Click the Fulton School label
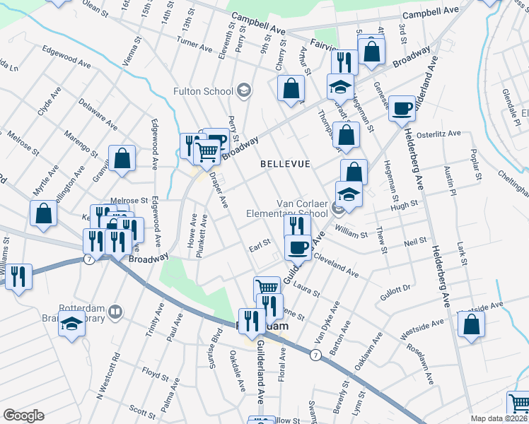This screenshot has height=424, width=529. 203,91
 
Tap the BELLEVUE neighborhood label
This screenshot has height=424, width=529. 285,164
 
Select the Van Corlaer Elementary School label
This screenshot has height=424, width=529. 287,208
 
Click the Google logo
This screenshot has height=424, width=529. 23,416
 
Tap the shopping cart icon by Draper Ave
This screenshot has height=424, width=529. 206,150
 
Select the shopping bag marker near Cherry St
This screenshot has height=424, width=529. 291,89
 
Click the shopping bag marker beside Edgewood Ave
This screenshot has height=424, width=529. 122,159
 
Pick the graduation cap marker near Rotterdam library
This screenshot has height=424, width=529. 71,325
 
